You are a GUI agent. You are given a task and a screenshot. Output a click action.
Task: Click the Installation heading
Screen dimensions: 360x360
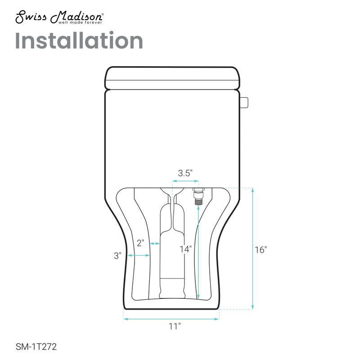coord(80,41)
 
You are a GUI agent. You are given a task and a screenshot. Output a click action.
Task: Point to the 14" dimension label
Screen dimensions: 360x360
coord(185,248)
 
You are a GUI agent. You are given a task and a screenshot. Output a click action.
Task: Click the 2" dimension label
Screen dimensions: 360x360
coord(140,243)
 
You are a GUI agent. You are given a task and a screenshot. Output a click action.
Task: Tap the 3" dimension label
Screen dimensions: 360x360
coord(117,256)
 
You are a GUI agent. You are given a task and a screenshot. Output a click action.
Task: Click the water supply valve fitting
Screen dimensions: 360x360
coord(196,197)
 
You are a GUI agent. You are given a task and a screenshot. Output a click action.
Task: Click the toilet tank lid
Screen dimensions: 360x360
coord(171,77)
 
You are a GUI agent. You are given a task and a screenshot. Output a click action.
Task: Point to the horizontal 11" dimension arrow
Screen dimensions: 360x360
coord(171,319)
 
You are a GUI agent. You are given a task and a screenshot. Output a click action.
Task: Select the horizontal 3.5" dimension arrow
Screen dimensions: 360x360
coord(184,182)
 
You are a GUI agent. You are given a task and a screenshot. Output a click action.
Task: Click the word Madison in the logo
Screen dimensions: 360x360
coord(79,16)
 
